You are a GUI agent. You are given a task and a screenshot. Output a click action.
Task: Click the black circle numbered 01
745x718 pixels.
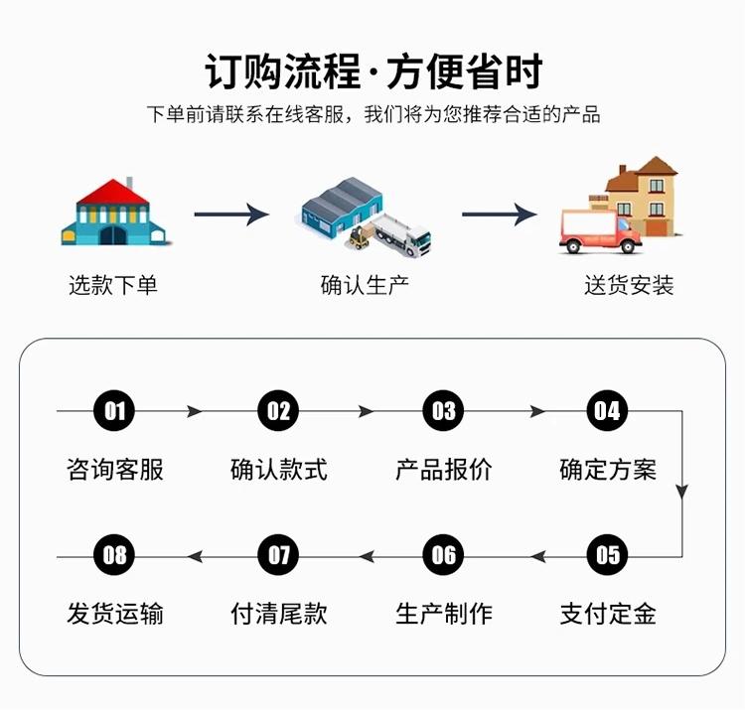pos(114,411)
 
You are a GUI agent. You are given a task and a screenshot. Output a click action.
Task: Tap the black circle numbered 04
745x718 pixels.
pos(607,411)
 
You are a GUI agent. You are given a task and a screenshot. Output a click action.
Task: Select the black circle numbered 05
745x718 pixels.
pos(607,555)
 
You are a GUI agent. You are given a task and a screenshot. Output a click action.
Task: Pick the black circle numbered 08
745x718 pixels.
pos(114,555)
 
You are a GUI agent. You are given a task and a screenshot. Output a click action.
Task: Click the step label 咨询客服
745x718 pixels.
pos(115,470)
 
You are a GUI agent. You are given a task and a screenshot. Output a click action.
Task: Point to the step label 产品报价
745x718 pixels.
pos(444,470)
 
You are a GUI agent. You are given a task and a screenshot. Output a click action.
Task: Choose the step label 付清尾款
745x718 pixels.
pos(279,614)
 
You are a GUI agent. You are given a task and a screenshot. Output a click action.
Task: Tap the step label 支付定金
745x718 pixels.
pos(608,614)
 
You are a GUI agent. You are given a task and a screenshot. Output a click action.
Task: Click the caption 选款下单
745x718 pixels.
pos(113,285)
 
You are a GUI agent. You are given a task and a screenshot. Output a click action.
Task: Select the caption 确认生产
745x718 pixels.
pos(365,285)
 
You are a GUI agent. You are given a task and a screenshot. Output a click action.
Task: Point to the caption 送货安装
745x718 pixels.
pos(629,285)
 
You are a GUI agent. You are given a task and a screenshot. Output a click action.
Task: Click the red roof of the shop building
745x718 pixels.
pos(113,193)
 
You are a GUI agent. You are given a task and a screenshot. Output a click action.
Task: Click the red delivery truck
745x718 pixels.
pos(601,231)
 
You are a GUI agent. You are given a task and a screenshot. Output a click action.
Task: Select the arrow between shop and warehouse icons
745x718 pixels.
pos(231,215)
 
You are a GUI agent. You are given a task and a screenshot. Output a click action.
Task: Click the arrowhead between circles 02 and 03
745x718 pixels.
pos(366,411)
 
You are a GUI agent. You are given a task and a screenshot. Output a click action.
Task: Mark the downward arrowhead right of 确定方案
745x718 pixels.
pos(682,492)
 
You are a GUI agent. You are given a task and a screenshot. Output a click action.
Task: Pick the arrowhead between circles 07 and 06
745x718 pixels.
pos(367,555)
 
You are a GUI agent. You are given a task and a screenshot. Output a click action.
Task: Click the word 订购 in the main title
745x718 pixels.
pos(243,72)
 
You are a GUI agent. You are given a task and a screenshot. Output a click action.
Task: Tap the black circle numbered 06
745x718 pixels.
pos(443,555)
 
